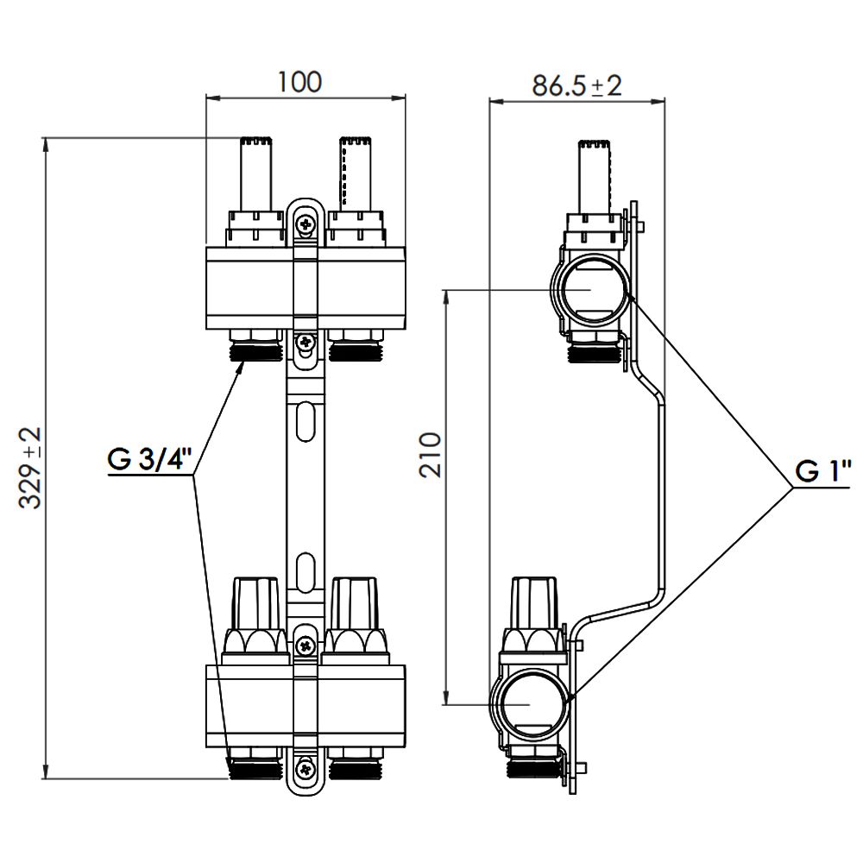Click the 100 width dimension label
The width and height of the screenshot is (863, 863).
pyautogui.click(x=299, y=82)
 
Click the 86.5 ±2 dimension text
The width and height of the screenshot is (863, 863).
pyautogui.click(x=576, y=85)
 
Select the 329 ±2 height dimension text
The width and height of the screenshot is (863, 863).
pyautogui.click(x=30, y=467)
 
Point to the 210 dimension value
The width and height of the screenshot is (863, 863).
pyautogui.click(x=430, y=455)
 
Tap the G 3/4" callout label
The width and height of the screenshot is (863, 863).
pyautogui.click(x=149, y=460)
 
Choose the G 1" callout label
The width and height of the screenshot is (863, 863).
pyautogui.click(x=822, y=471)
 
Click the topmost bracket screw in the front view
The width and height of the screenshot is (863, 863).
pyautogui.click(x=306, y=224)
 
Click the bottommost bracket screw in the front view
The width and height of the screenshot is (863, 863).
pyautogui.click(x=306, y=768)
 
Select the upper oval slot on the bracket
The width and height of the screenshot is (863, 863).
pyautogui.click(x=305, y=421)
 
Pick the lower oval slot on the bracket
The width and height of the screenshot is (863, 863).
pyautogui.click(x=305, y=572)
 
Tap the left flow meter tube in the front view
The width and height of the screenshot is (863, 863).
pyautogui.click(x=255, y=173)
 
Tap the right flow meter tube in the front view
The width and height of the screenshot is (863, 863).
pyautogui.click(x=356, y=173)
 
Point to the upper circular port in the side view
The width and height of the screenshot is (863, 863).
pyautogui.click(x=590, y=289)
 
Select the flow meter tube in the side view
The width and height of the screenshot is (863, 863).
pyautogui.click(x=594, y=177)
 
